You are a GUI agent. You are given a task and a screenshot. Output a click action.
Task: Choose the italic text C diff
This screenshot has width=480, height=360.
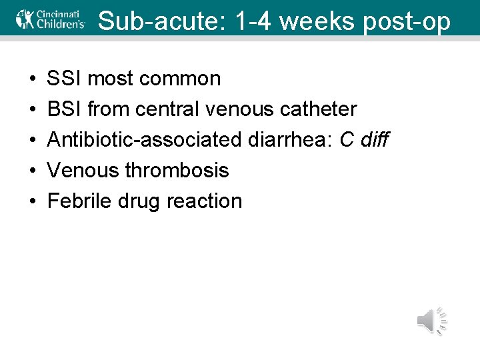(364, 140)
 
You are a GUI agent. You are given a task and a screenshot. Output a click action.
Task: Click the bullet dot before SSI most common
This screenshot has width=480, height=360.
(33, 79)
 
